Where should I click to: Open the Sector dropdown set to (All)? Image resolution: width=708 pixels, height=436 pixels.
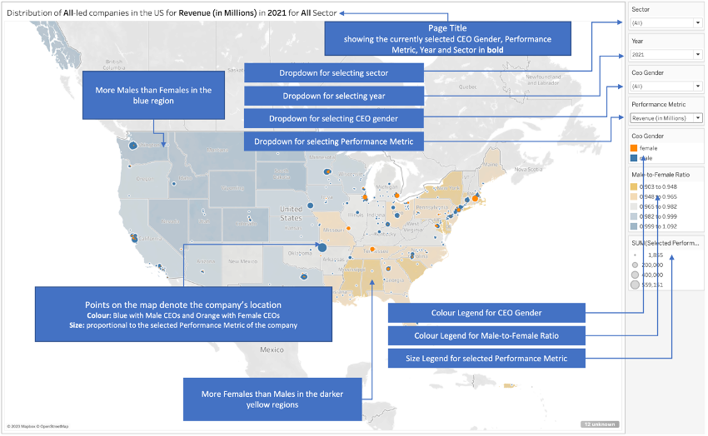666,23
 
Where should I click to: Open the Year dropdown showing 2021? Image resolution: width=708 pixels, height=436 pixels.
666,55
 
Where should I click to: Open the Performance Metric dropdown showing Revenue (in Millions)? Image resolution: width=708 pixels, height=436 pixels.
666,118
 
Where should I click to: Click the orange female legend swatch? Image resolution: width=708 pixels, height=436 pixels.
635,147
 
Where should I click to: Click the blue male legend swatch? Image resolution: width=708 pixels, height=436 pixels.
635,156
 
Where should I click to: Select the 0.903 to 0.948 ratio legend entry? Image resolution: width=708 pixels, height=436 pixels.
635,187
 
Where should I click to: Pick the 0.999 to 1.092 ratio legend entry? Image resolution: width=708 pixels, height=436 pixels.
635,226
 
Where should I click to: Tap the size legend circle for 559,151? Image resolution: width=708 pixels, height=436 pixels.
635,285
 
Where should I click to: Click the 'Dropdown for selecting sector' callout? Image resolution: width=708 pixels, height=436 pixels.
333,73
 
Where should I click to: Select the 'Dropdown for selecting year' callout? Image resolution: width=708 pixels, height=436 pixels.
333,97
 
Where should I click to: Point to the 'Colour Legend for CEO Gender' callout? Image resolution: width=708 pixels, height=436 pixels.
486,313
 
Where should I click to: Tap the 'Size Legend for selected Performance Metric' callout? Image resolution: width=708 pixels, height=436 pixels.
486,359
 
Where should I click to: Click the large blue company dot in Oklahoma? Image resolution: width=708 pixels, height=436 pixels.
322,247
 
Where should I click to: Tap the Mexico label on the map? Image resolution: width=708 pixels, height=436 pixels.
272,350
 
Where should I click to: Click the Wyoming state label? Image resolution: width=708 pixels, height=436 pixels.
232,188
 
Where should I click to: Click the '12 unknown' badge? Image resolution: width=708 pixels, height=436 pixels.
600,424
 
